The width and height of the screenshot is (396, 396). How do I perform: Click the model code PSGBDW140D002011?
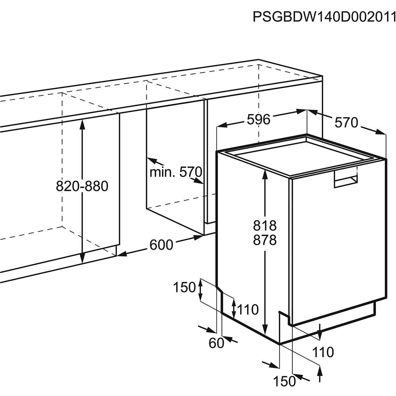coord(324,17)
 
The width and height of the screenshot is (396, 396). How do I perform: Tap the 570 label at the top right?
coord(346,123)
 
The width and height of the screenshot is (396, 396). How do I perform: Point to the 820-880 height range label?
coord(82,186)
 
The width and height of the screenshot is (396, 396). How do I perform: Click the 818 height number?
coord(265,225)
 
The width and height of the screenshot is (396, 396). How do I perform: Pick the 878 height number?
coord(265,240)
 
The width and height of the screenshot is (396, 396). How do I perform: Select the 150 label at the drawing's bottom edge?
coord(285,381)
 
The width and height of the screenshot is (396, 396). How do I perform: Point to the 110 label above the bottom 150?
coord(323,352)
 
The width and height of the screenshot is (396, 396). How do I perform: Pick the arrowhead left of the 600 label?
coord(121,254)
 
